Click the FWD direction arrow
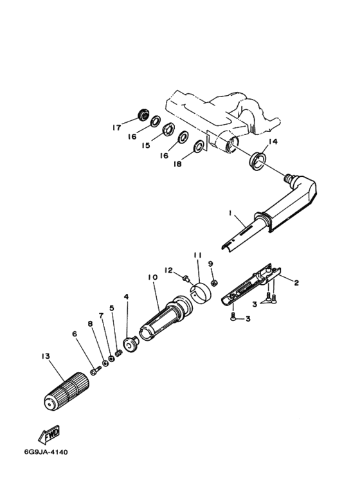49,434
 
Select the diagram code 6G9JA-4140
46,452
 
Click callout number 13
46,356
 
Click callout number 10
152,277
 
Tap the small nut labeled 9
214,282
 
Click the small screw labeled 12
186,278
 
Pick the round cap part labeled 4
130,345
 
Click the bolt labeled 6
95,370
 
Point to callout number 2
296,282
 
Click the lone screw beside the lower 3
233,316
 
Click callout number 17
116,128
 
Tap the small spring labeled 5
119,353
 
